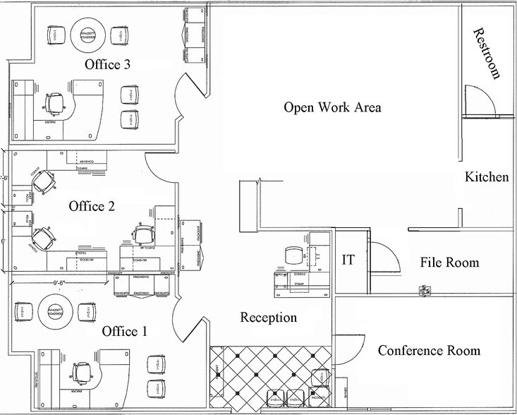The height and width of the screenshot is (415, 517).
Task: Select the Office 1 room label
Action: click(x=124, y=331)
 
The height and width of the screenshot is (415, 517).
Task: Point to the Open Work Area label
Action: click(x=332, y=107)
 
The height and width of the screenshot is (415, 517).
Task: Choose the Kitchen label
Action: click(x=487, y=176)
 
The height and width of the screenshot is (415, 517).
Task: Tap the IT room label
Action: click(x=348, y=260)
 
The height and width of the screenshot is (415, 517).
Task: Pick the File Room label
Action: click(x=449, y=263)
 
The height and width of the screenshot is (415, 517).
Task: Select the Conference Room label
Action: click(x=429, y=350)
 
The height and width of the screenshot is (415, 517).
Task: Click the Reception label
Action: click(x=269, y=318)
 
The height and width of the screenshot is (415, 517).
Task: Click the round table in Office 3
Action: click(x=88, y=33)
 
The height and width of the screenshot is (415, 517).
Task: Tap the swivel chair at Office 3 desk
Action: click(x=54, y=104)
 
